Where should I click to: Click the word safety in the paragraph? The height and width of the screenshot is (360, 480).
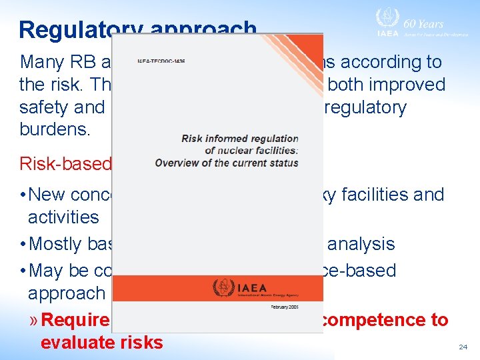point(43,107)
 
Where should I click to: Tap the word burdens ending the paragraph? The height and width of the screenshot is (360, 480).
point(55,129)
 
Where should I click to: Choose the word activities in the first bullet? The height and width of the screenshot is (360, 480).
point(63,217)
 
